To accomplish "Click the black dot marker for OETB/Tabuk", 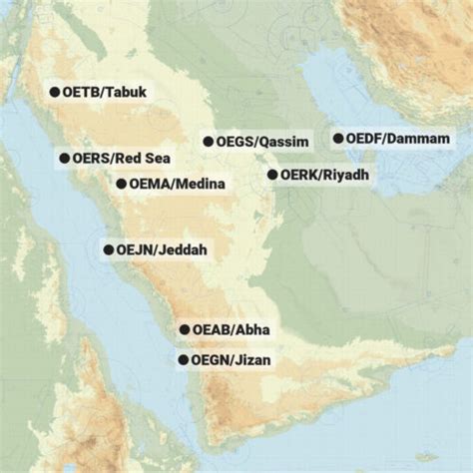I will [54, 92].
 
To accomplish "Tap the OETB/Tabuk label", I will [105, 92].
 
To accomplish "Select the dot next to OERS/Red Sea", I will [64, 158].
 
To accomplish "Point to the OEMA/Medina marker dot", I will [121, 184].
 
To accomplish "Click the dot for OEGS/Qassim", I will [209, 142].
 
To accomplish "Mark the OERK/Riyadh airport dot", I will [271, 175].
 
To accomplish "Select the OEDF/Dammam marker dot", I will [338, 139].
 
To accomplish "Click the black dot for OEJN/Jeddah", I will [109, 249].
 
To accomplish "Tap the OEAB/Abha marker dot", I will [184, 329].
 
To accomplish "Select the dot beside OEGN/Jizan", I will [183, 359].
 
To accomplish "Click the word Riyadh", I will [346, 175].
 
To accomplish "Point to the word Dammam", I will [420, 139].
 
